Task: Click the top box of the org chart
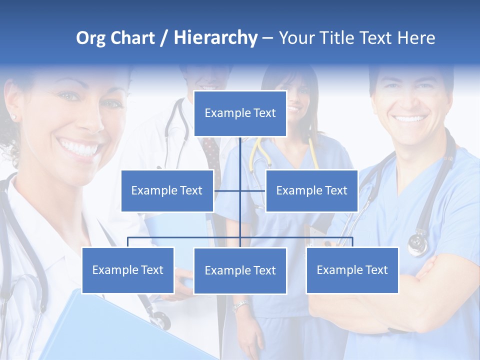240,113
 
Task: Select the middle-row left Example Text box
167,190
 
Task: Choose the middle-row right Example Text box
311,190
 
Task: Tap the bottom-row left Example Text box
128,270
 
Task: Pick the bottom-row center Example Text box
240,270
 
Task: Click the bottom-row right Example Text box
352,270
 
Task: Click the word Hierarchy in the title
215,38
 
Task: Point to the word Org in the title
90,38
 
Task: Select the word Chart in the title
132,38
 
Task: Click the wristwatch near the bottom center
241,305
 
